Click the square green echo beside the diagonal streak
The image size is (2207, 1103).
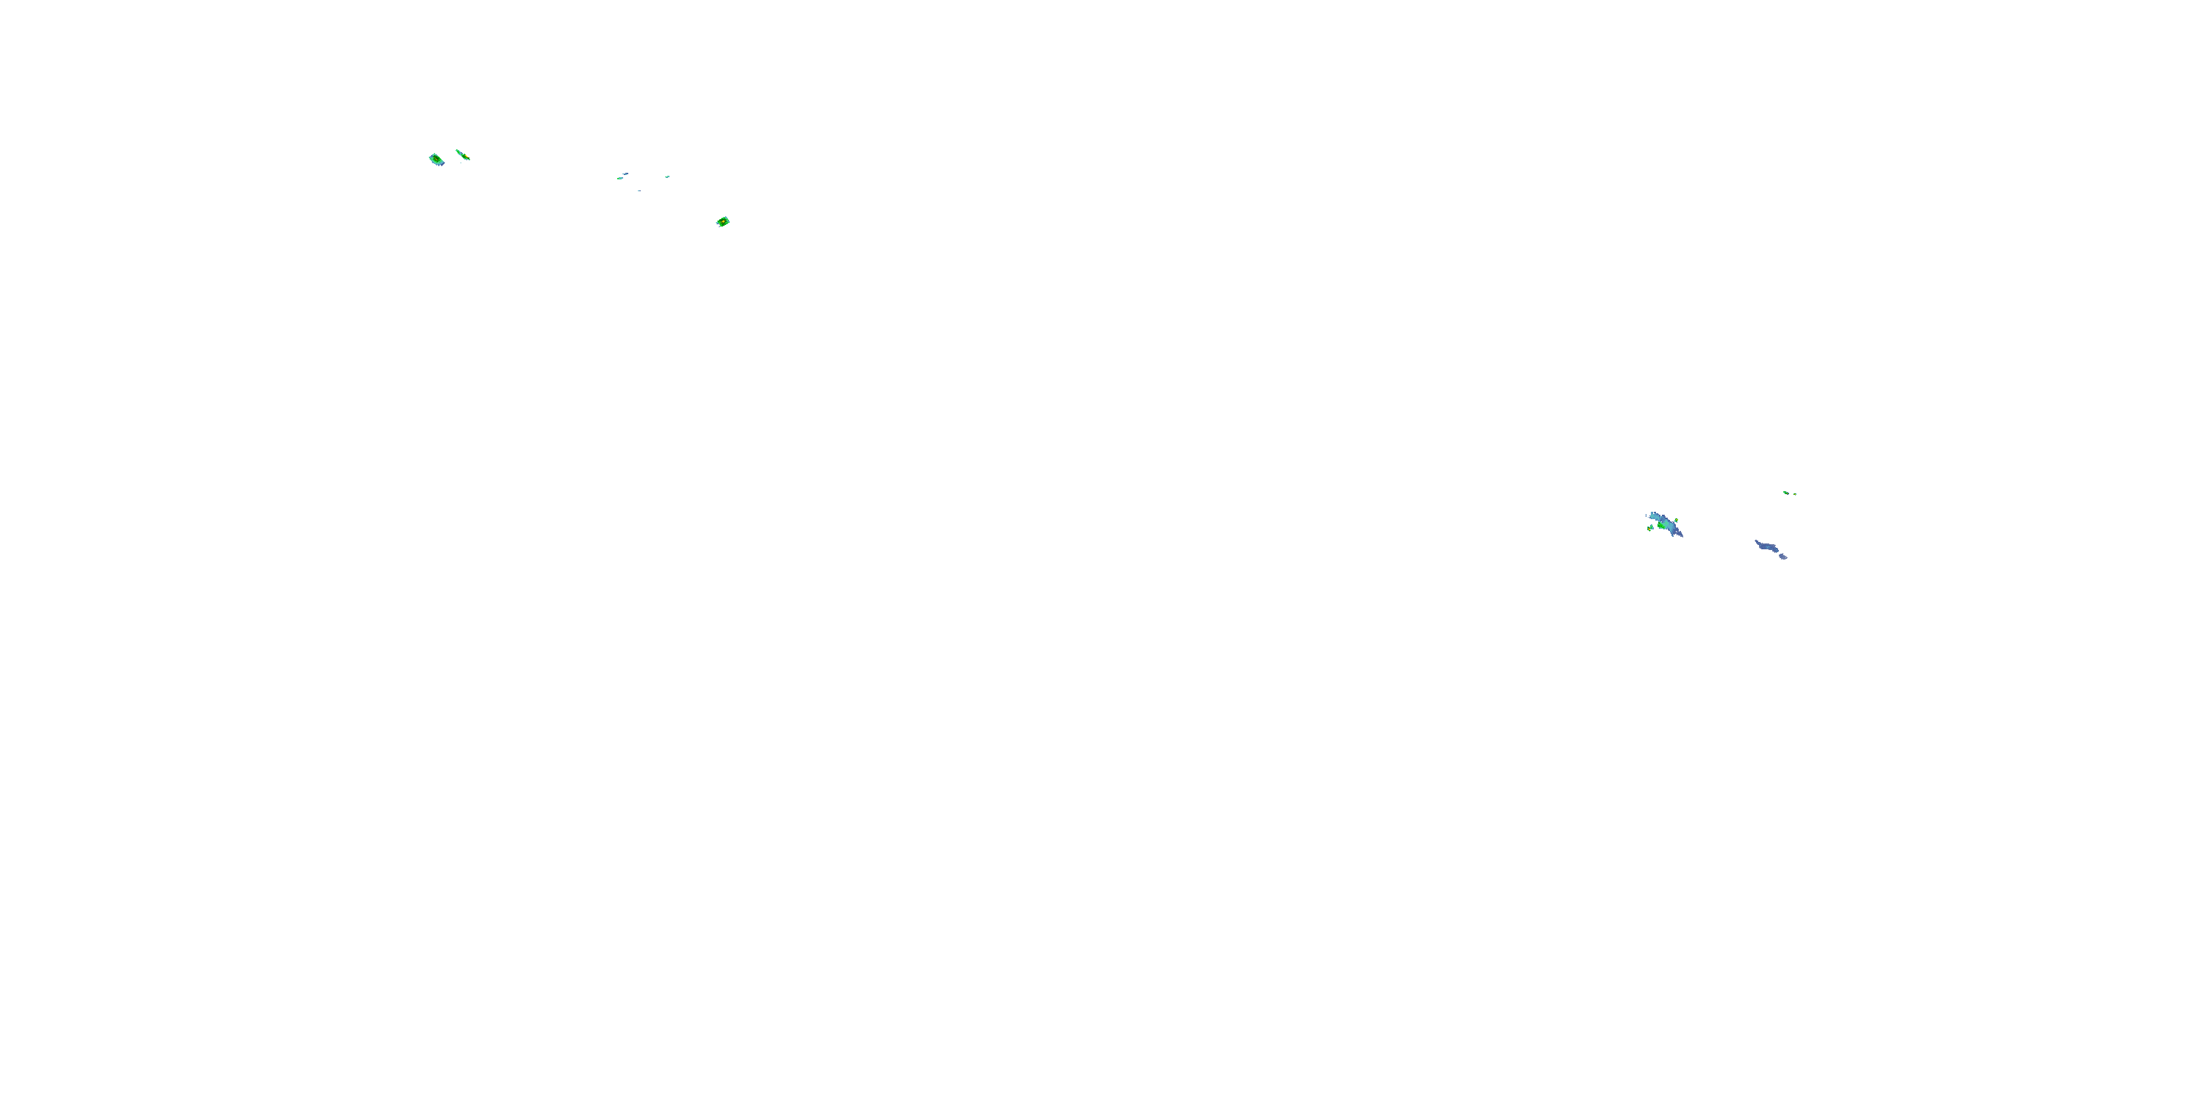pos(436,160)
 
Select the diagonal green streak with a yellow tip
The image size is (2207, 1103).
pos(462,155)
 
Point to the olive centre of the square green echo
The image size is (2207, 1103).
pos(437,160)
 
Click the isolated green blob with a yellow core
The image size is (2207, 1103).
pos(723,222)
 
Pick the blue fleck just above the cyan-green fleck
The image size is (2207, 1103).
pos(625,174)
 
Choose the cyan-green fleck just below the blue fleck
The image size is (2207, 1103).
pos(619,178)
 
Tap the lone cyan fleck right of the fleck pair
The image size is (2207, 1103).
pos(667,176)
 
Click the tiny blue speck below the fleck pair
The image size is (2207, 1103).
pos(639,190)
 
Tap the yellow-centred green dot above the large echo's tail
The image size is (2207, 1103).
pos(1676,520)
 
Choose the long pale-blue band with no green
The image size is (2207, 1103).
pos(1768,547)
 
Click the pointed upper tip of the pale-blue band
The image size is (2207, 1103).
pos(1756,541)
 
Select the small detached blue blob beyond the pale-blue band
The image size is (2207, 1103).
pos(1784,557)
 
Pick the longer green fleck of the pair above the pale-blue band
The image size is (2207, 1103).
pos(1786,493)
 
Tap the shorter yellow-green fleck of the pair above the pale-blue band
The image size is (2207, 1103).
pos(1795,494)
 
